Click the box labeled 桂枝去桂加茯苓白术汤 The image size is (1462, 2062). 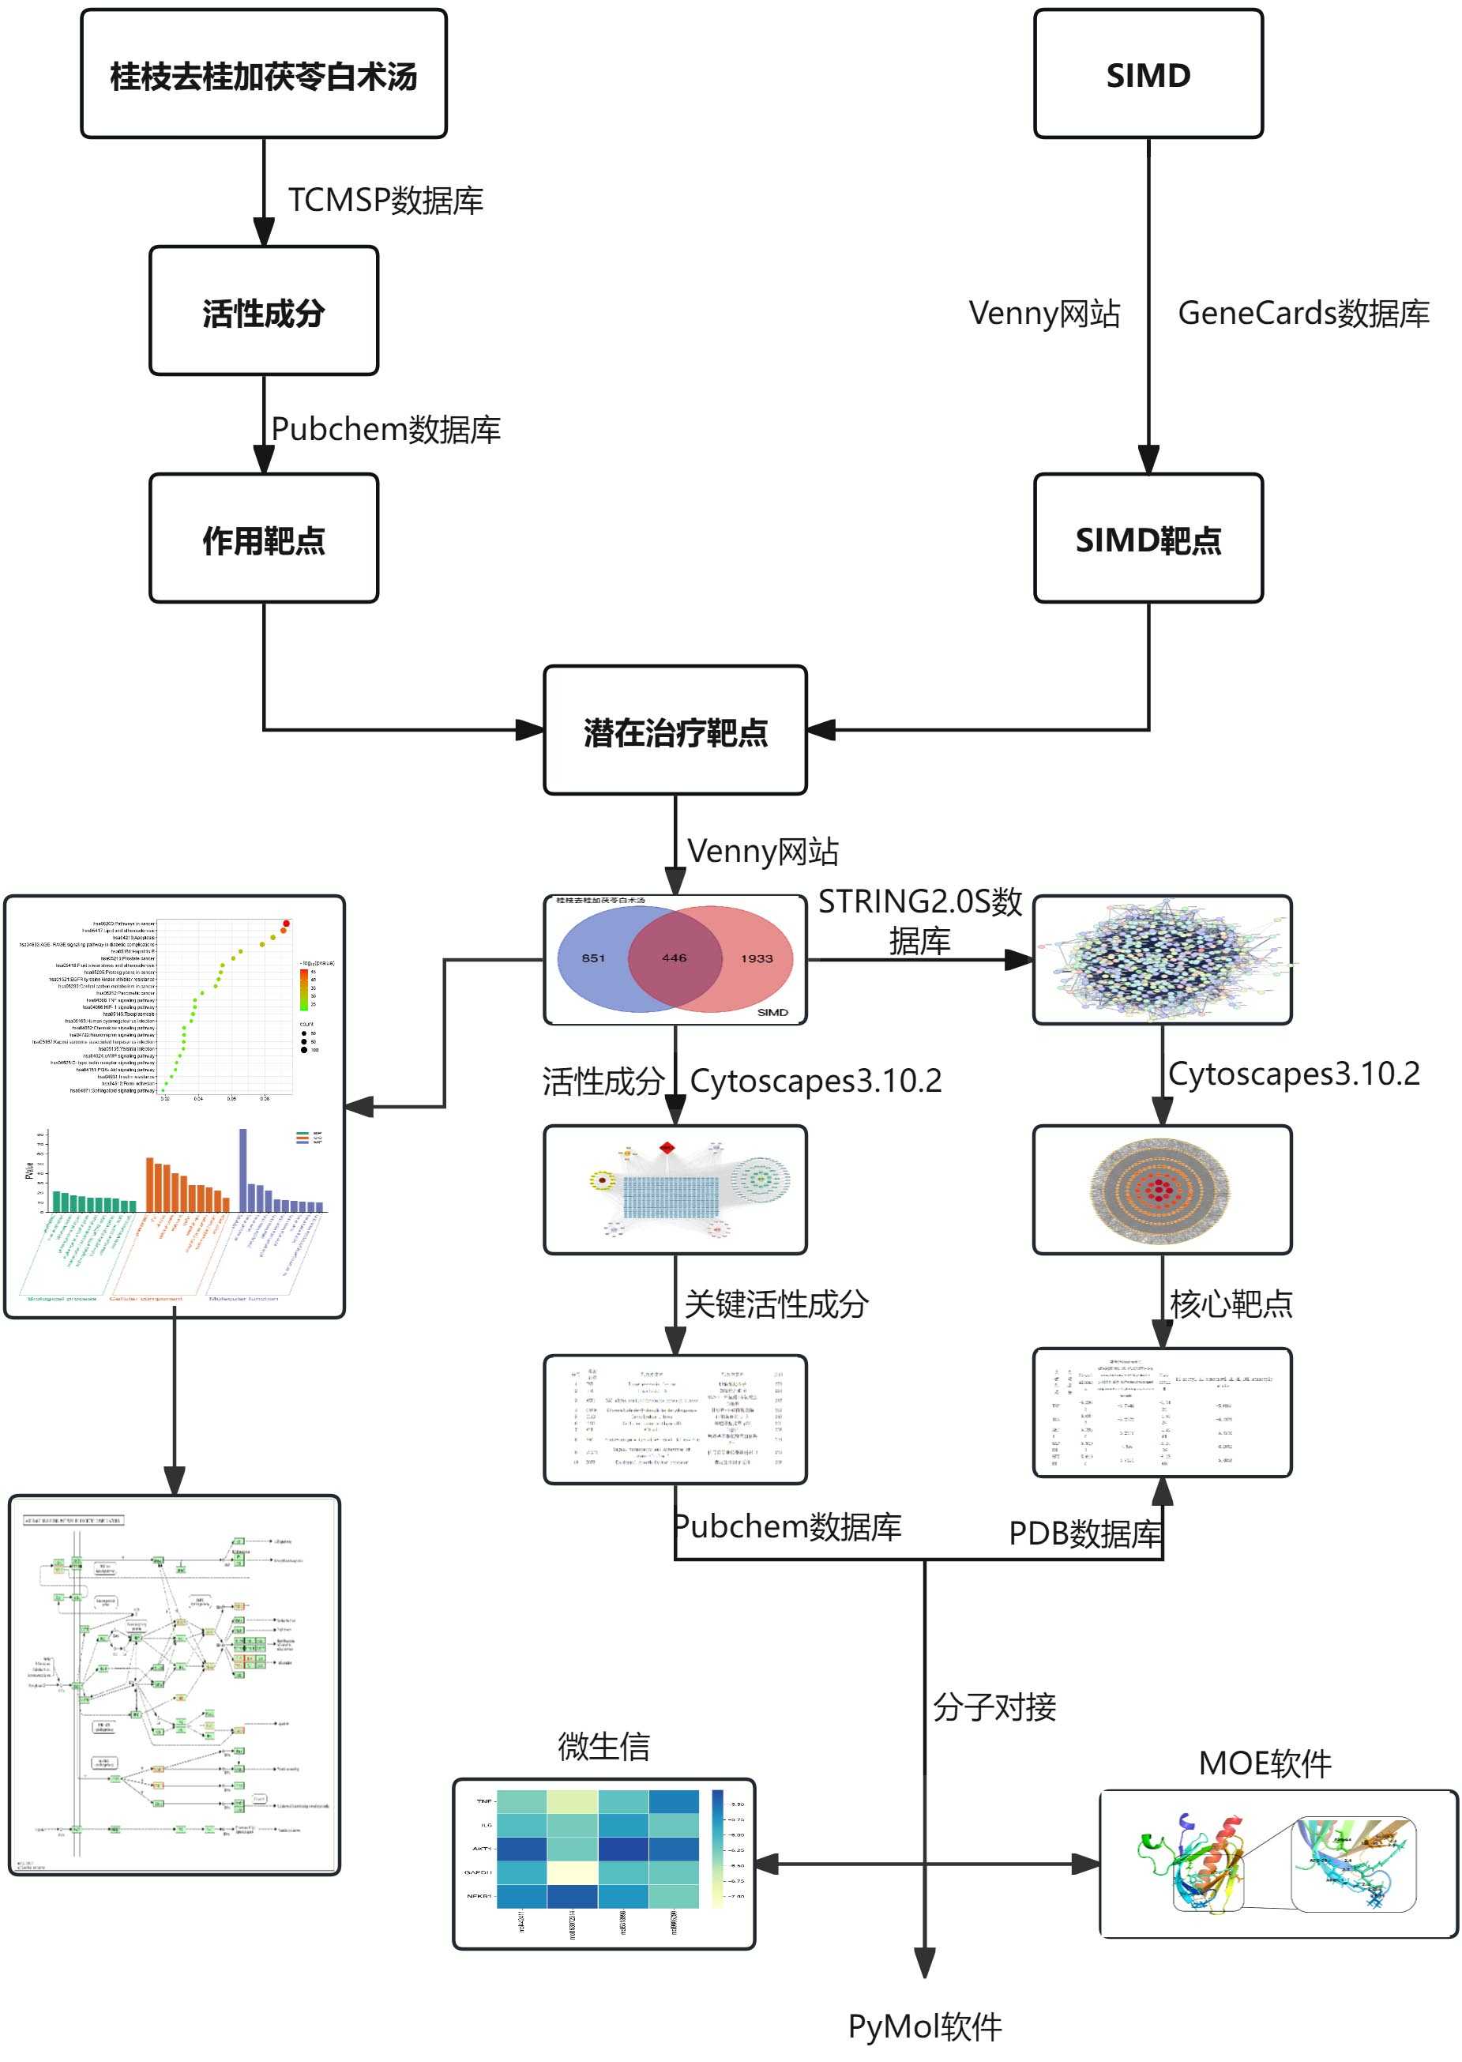click(263, 75)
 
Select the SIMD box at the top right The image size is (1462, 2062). click(1148, 75)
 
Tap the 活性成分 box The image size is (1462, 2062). click(263, 311)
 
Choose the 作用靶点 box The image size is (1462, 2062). click(263, 540)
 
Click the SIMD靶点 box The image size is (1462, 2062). click(1148, 540)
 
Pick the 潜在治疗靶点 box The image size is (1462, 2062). click(675, 731)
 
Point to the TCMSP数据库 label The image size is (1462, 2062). click(385, 200)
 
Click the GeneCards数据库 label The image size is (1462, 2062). click(1302, 314)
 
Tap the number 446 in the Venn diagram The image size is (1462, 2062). click(675, 958)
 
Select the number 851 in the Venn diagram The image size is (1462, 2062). click(593, 958)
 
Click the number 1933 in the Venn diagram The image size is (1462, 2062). click(756, 959)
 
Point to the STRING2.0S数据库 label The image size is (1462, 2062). click(919, 920)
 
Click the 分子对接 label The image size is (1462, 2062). click(994, 1707)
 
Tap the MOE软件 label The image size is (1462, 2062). click(1265, 1763)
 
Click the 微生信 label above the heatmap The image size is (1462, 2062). click(603, 1746)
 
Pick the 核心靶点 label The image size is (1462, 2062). click(1231, 1303)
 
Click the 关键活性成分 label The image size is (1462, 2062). click(776, 1303)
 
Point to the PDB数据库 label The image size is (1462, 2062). click(1084, 1533)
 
